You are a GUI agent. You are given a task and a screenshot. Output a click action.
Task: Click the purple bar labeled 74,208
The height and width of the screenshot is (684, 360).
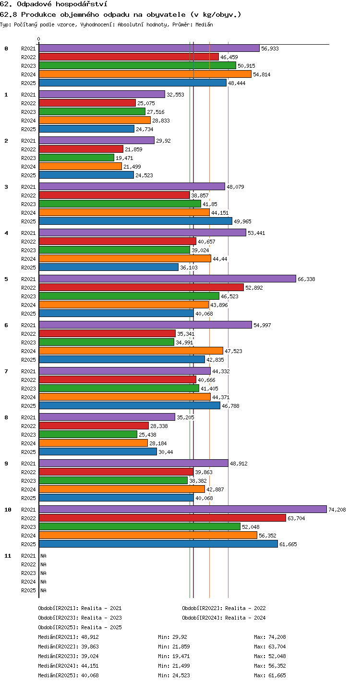183,509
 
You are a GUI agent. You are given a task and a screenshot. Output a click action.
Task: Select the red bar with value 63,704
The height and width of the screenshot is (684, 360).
163,518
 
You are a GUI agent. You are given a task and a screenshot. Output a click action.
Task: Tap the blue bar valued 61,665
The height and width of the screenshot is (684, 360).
158,544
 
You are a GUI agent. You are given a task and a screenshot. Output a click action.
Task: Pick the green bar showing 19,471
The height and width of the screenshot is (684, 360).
77,158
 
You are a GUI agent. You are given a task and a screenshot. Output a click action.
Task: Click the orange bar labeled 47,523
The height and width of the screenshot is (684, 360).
131,351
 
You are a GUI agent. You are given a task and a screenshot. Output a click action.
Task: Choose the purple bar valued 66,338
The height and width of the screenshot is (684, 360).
168,279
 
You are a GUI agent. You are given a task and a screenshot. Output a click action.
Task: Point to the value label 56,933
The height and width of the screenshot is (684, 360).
270,49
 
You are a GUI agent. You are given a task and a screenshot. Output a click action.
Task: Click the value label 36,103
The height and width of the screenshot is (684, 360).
189,268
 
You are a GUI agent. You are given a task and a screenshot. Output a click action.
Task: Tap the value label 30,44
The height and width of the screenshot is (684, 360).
166,452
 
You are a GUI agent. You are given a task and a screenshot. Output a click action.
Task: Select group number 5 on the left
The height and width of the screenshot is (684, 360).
6,279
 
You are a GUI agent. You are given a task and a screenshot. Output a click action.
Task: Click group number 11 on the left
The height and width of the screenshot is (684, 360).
8,556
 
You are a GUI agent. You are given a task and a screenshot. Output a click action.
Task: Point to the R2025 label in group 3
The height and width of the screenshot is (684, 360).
28,221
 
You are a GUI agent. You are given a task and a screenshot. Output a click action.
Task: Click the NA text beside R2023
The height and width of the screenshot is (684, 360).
43,573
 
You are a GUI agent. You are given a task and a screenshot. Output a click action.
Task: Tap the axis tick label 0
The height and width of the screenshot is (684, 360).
39,39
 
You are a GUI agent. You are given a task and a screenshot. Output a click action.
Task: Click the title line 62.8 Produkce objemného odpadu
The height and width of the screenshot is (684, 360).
120,15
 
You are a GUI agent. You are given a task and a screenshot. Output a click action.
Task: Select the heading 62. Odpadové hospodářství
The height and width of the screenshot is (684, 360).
54,4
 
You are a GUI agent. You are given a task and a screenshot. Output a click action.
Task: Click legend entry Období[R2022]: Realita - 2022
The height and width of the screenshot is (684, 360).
224,608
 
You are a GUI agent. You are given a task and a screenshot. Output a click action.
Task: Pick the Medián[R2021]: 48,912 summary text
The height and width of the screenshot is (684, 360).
68,637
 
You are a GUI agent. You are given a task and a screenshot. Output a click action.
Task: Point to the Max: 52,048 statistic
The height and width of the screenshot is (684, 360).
270,656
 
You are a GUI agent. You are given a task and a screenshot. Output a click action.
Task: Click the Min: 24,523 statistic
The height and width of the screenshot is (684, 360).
174,675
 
